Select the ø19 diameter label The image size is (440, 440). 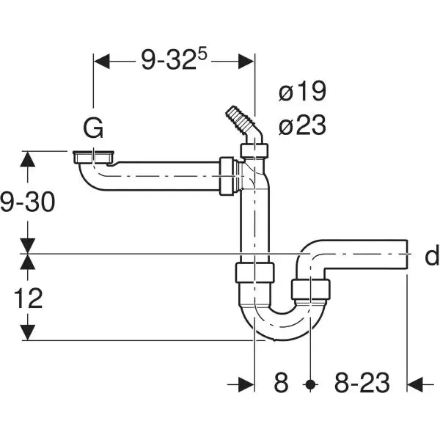click(x=301, y=92)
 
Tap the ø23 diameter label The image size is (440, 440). click(x=301, y=125)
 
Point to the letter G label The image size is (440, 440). click(x=92, y=129)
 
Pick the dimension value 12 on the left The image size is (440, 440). click(x=27, y=298)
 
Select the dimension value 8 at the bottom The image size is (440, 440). click(x=282, y=383)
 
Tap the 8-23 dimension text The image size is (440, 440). click(x=361, y=383)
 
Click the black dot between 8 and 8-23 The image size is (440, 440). click(x=311, y=384)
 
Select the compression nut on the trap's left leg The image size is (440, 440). click(x=254, y=274)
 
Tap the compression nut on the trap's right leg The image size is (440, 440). click(x=311, y=289)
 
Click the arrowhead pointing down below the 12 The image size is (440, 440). click(x=28, y=332)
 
